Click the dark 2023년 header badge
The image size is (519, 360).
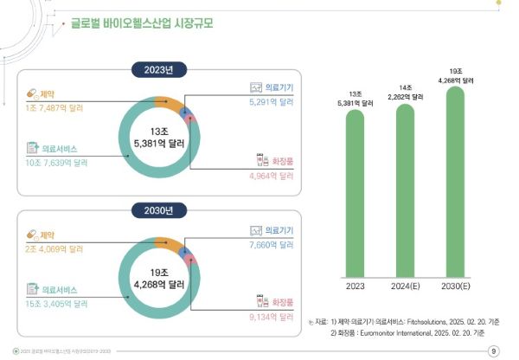coord(159,69)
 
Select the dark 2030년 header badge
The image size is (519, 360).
coord(159,209)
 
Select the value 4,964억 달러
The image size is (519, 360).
coord(271,176)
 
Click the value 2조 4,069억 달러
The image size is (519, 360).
coord(60,247)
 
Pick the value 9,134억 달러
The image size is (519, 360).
coord(271,317)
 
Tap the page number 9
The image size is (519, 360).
coord(493,350)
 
